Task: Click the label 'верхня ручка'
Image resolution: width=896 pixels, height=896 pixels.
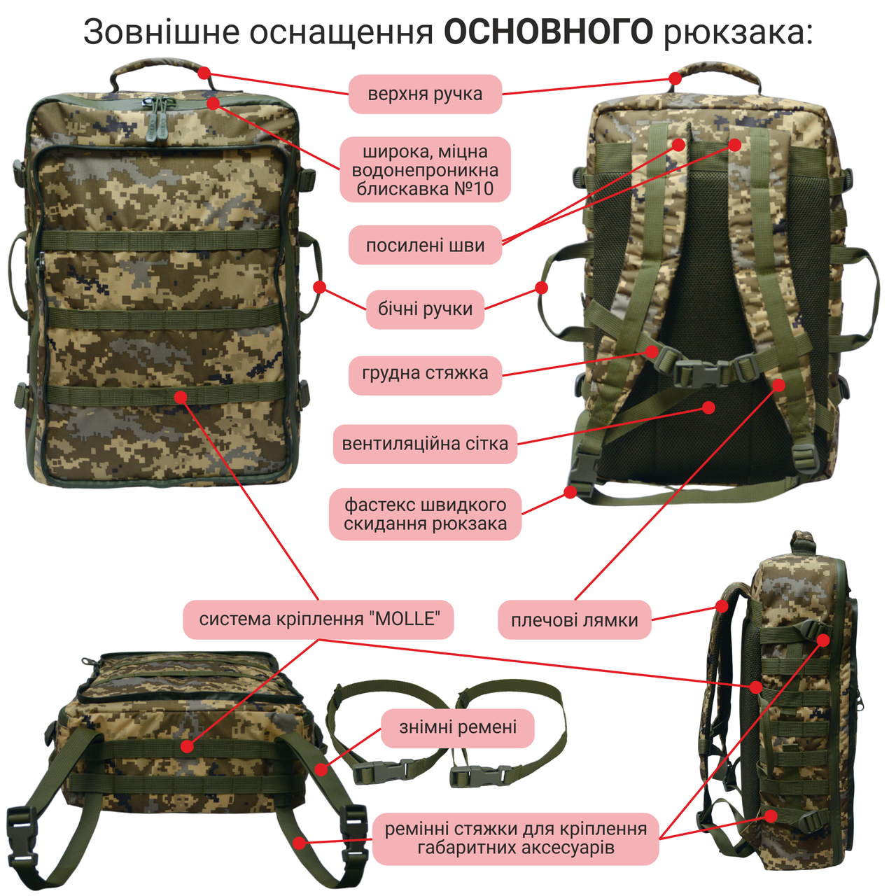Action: [425, 94]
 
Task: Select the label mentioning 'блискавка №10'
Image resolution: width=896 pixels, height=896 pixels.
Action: [425, 170]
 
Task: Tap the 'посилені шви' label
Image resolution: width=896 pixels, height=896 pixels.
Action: [425, 245]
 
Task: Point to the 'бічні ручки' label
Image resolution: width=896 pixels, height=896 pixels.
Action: [425, 309]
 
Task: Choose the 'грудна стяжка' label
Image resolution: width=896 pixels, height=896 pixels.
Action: [425, 373]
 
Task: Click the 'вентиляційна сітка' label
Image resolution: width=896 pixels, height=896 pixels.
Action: [425, 444]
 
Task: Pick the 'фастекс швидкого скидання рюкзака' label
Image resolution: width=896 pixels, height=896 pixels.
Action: [425, 514]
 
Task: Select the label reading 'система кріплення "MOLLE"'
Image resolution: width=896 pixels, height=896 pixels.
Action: [318, 619]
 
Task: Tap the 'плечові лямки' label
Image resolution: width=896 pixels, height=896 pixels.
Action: [574, 620]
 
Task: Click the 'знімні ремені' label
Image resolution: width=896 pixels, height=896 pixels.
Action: [458, 727]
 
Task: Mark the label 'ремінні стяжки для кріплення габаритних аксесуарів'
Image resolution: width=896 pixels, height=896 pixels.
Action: [516, 839]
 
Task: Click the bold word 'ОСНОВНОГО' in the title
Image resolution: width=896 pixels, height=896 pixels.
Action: [549, 32]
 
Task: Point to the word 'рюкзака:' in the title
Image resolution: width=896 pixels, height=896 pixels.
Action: [738, 32]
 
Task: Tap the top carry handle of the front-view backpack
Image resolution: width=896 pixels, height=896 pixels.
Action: [157, 68]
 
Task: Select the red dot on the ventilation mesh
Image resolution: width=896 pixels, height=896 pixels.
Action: [709, 407]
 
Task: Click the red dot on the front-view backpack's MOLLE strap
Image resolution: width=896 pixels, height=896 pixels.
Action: [181, 398]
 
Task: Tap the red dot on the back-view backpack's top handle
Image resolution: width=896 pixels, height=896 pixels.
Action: [675, 78]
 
